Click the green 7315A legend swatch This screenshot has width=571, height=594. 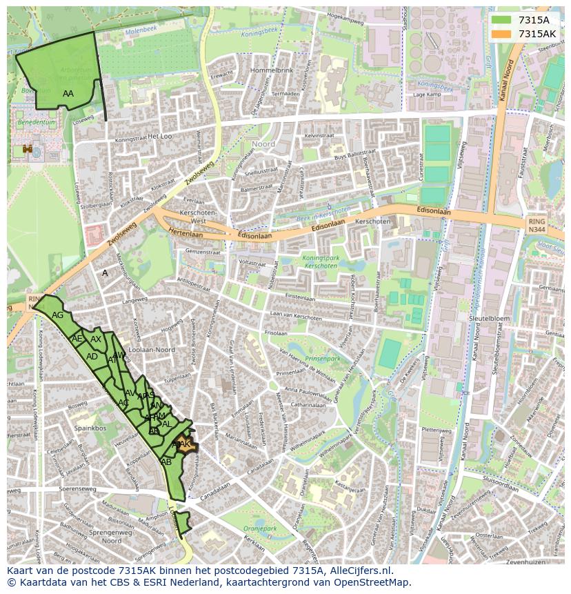tap(501, 20)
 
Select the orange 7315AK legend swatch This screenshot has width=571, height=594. tap(501, 34)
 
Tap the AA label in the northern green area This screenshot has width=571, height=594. tap(68, 93)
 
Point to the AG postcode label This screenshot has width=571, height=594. tap(58, 315)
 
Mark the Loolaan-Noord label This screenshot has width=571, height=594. tap(152, 350)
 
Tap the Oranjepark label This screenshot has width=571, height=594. tap(259, 529)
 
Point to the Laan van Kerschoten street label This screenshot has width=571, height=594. tap(297, 315)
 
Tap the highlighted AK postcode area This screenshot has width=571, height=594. tap(184, 445)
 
